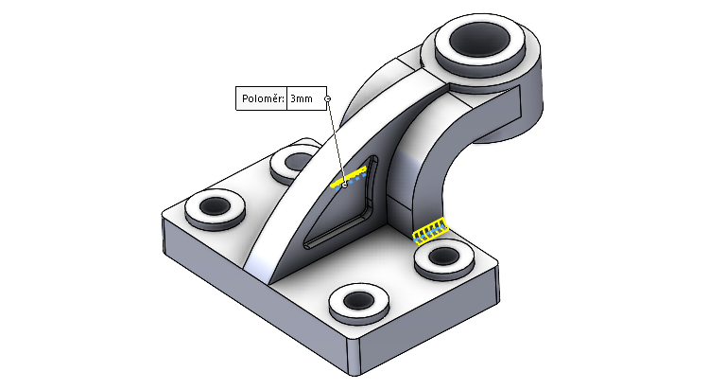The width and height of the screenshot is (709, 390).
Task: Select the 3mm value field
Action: (x=303, y=98)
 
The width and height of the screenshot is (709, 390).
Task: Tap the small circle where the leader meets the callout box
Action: (x=327, y=98)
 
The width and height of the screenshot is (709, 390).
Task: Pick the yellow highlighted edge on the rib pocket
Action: (x=350, y=176)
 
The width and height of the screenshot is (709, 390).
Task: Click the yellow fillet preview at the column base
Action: (x=431, y=229)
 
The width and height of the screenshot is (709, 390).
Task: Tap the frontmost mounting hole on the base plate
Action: (x=357, y=301)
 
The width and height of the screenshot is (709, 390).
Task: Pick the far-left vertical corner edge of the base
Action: (x=164, y=233)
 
